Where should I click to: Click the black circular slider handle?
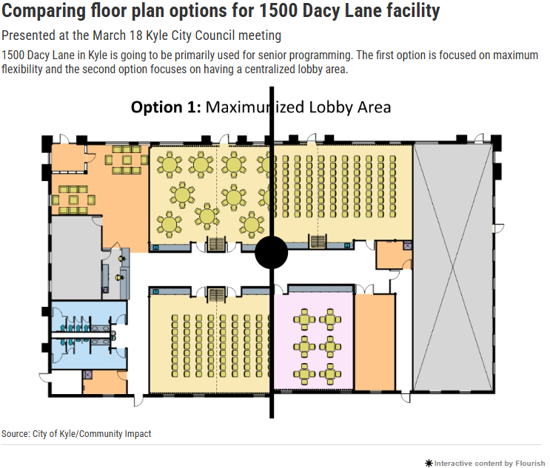[x=271, y=252]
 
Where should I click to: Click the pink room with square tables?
[x=314, y=342]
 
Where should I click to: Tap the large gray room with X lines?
[x=453, y=267]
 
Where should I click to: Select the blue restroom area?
[x=89, y=335]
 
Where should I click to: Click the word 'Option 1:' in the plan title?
[x=166, y=107]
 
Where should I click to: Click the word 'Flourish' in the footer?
[x=530, y=463]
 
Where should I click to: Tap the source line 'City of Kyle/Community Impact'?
[x=92, y=434]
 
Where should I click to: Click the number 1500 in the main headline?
[x=278, y=10]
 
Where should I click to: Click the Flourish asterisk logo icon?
[x=429, y=464]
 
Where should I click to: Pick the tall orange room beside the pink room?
[x=375, y=342]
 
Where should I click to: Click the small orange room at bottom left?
[x=104, y=381]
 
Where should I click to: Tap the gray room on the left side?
[x=76, y=257]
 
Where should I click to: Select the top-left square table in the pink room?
[x=304, y=319]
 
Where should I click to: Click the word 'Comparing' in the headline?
[x=44, y=11]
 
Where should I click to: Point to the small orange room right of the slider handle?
[x=394, y=255]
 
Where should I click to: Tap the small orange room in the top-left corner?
[x=69, y=157]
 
